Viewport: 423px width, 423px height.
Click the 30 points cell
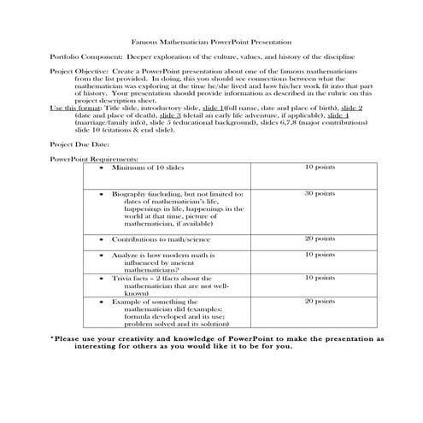click(x=320, y=193)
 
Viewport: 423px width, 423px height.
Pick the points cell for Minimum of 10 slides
click(x=320, y=167)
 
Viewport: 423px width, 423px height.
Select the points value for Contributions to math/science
click(x=320, y=238)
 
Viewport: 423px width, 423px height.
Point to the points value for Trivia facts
click(x=320, y=278)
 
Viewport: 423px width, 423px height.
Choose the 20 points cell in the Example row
click(x=320, y=302)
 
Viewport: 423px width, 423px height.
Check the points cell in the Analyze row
click(x=320, y=255)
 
